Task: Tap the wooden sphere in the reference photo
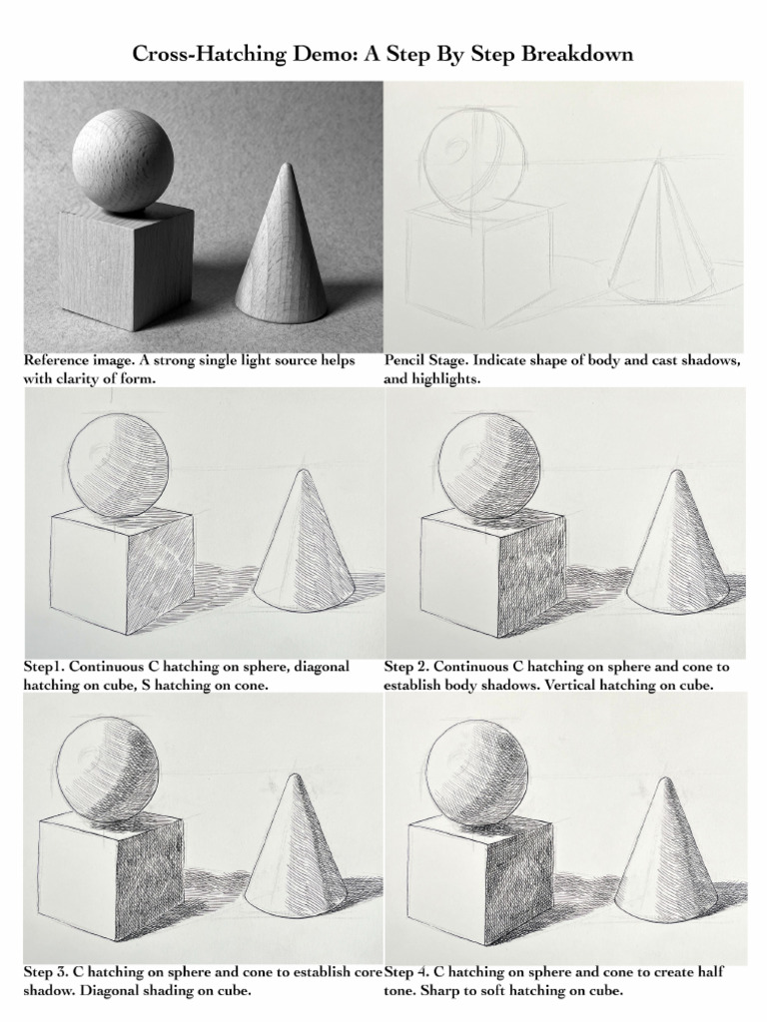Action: [122, 160]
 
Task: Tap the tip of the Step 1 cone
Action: [303, 473]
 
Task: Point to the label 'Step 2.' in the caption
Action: [407, 667]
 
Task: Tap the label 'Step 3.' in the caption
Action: [48, 972]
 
